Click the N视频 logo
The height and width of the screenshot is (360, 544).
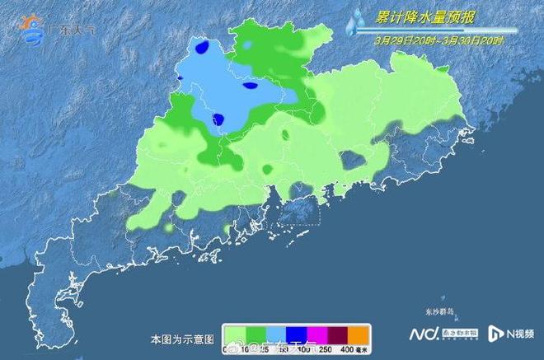click(x=511, y=334)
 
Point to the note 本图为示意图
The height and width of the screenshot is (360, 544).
click(x=182, y=339)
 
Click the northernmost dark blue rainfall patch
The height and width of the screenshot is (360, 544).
click(x=201, y=46)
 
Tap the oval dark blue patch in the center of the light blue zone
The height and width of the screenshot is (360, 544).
click(x=251, y=84)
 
